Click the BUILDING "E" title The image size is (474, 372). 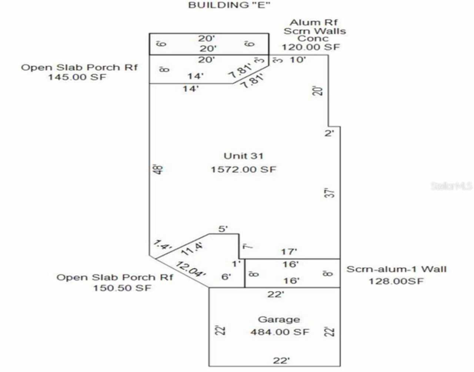coord(229,5)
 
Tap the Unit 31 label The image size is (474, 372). coord(243,156)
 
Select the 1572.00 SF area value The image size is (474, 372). coord(243,170)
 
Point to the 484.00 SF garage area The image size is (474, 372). coord(280,332)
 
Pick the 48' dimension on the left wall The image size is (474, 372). coord(158,170)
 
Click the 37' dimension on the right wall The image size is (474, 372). coord(329,193)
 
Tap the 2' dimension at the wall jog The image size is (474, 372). coord(329,133)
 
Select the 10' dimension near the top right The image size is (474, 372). coord(298,60)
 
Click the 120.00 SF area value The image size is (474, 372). coord(311,47)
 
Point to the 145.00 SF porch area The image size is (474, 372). coord(77,77)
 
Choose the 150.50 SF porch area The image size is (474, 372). coord(122,288)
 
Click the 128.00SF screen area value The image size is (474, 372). coord(396,281)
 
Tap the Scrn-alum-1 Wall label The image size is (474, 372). coord(397,269)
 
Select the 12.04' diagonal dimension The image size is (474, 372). coord(191,269)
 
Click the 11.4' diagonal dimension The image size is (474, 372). coord(192,249)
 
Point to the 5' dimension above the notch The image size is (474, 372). coord(223,229)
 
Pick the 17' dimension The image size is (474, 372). coord(289,252)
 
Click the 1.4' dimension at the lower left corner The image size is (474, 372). coord(163,245)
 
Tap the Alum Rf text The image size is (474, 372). coord(313,23)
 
